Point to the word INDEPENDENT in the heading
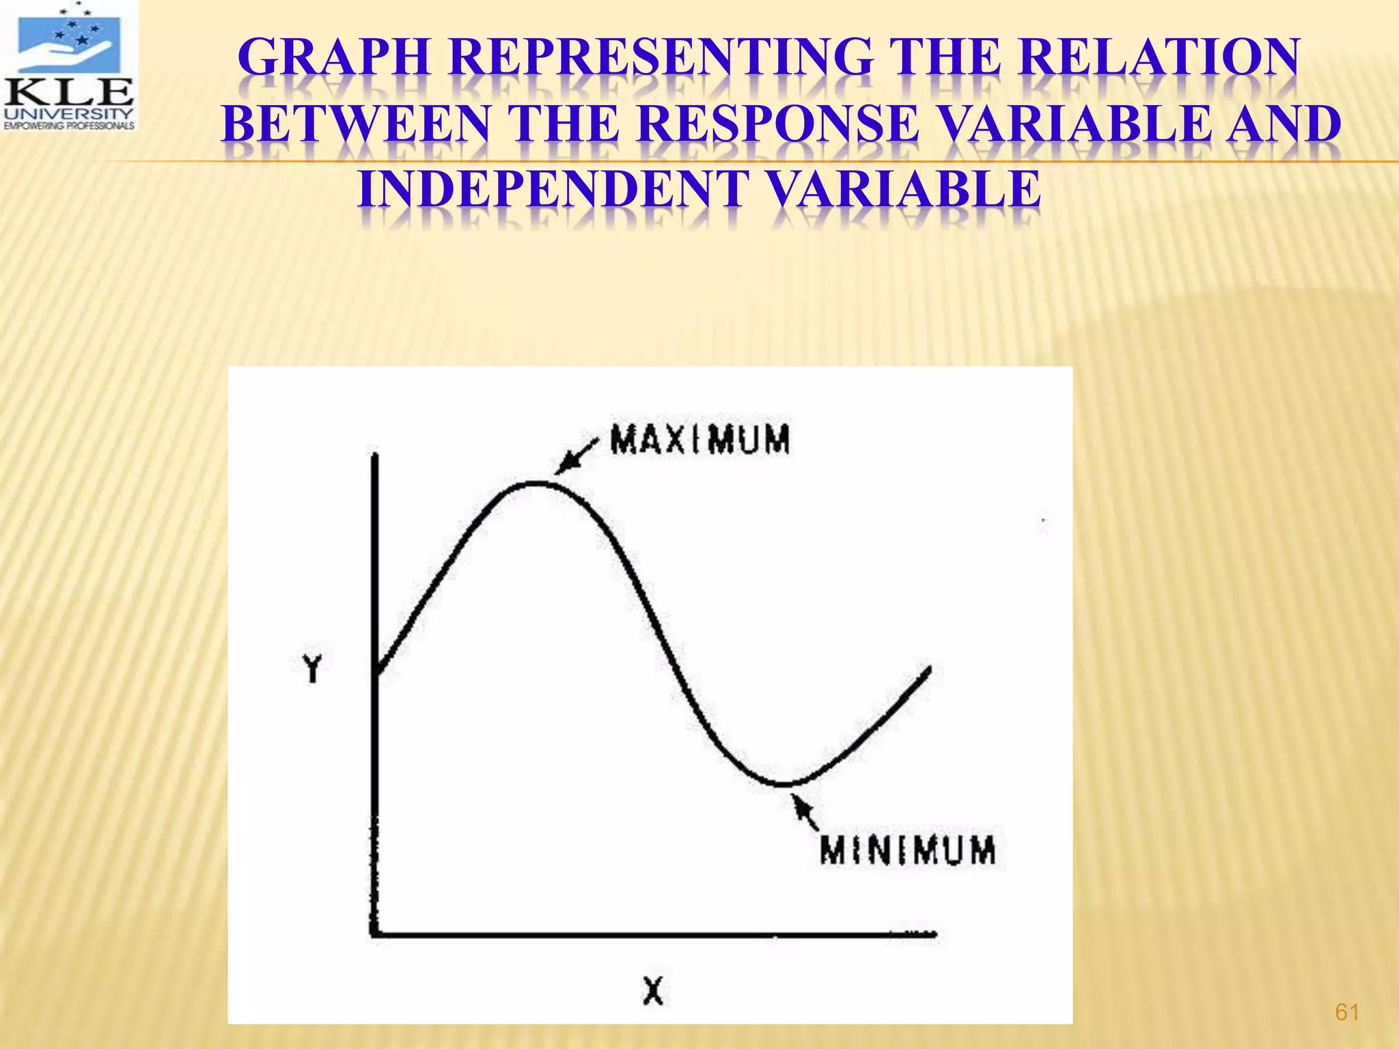[x=553, y=189]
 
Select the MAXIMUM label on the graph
[x=699, y=439]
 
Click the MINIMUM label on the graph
[x=907, y=851]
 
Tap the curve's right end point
[x=929, y=669]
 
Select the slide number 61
[x=1346, y=1012]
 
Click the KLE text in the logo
[x=69, y=92]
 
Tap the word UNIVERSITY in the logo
[x=69, y=113]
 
